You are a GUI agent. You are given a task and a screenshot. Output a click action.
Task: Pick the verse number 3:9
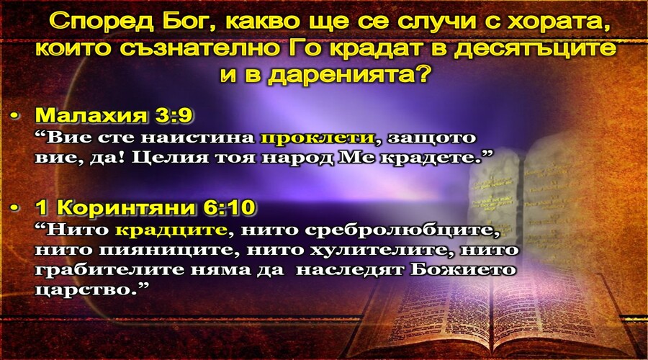(x=174, y=115)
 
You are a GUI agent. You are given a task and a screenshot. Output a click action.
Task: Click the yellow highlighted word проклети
(x=317, y=138)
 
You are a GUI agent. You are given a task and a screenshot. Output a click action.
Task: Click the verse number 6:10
(x=229, y=207)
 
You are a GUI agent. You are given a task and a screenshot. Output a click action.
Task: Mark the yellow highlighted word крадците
(x=171, y=230)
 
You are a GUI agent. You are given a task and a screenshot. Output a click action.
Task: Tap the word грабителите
(x=108, y=270)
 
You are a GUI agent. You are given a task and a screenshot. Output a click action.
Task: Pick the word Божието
(x=464, y=270)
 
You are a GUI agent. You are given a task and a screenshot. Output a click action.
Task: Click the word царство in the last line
(x=86, y=289)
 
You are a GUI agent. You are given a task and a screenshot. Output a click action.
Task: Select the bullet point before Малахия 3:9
(x=15, y=116)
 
